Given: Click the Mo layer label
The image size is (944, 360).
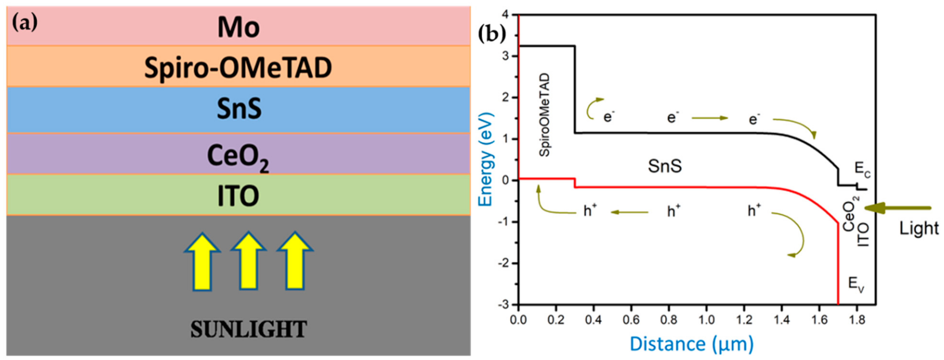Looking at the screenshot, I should click(x=239, y=28).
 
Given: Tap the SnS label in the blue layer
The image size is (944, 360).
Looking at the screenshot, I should click(x=239, y=109).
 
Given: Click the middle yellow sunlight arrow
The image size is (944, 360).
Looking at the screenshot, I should click(x=248, y=261).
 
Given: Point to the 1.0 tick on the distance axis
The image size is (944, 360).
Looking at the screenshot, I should click(x=706, y=320).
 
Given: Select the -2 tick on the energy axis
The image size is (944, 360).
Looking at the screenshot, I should click(x=505, y=263).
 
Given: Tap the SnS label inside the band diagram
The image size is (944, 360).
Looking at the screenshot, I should click(x=665, y=166).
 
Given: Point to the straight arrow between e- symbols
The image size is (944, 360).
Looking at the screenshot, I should click(x=710, y=118).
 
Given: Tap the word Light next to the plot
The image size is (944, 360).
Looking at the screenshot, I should click(x=919, y=228).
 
